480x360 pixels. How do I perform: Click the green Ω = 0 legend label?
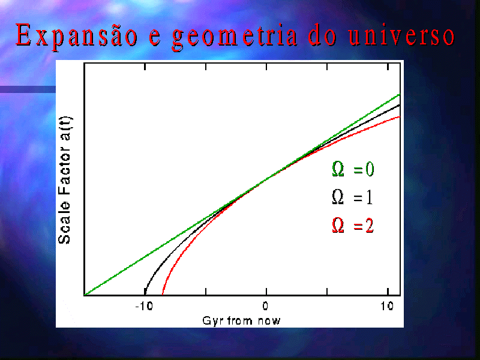(x=353, y=169)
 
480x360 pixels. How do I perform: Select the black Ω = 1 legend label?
(x=353, y=197)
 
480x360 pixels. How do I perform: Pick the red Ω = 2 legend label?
(x=353, y=226)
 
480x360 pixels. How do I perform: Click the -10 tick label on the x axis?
(x=144, y=305)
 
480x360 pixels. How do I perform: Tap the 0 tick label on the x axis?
(x=265, y=305)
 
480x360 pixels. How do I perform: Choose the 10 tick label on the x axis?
(x=387, y=305)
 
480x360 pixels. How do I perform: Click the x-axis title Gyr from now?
(x=241, y=320)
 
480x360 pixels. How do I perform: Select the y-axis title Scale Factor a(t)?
(x=64, y=180)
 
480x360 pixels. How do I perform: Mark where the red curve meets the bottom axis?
(x=163, y=295)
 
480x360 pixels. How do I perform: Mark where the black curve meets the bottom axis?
(x=145, y=295)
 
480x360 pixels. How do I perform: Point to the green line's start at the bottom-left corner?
(x=85, y=295)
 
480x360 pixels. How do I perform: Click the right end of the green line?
(x=400, y=94)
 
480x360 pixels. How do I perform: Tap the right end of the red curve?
(x=400, y=116)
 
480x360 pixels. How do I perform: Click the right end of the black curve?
(x=400, y=105)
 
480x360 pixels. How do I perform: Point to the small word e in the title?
(x=155, y=39)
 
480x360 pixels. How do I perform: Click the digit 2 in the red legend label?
(x=370, y=226)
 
